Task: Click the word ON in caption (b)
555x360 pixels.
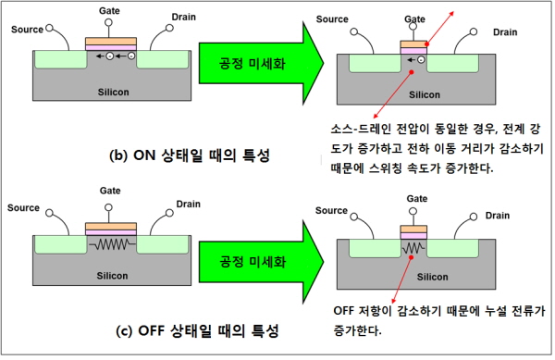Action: pos(144,155)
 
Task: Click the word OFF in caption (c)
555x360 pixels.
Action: pos(151,330)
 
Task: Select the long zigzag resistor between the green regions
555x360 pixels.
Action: pos(112,244)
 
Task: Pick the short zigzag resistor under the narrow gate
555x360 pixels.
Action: pos(413,248)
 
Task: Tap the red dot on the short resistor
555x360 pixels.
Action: pos(411,257)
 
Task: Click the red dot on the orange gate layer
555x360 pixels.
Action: pos(426,44)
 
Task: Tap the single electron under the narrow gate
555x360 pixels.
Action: pos(421,60)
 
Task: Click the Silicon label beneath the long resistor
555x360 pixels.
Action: pos(112,276)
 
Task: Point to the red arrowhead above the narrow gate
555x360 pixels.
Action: pos(451,14)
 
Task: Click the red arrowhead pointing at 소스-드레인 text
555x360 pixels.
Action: pos(376,116)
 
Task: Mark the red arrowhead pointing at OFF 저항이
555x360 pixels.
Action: pos(394,300)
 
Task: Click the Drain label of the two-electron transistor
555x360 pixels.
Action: pos(184,17)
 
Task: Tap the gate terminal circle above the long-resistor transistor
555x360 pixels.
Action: pos(108,207)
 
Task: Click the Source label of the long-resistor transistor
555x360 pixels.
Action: pos(23,208)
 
